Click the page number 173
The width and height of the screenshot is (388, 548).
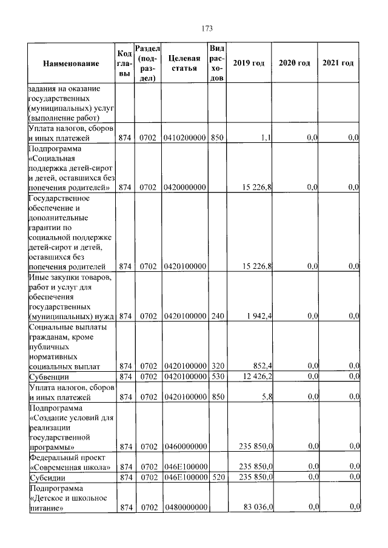tap(206, 28)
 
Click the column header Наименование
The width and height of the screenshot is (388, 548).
tap(71, 64)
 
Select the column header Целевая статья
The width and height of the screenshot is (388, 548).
tap(184, 64)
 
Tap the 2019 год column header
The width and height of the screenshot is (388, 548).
tap(249, 64)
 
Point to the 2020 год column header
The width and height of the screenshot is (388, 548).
tap(294, 64)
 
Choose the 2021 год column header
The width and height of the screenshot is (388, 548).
tap(338, 64)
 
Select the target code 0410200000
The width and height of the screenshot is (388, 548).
tap(184, 138)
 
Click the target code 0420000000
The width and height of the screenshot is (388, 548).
tap(184, 188)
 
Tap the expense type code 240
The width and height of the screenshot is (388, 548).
tap(216, 315)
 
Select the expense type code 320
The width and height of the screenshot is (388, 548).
tap(216, 366)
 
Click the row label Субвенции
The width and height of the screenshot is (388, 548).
tap(48, 377)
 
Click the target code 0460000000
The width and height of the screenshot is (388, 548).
tap(184, 447)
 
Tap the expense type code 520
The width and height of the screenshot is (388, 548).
tap(216, 478)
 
